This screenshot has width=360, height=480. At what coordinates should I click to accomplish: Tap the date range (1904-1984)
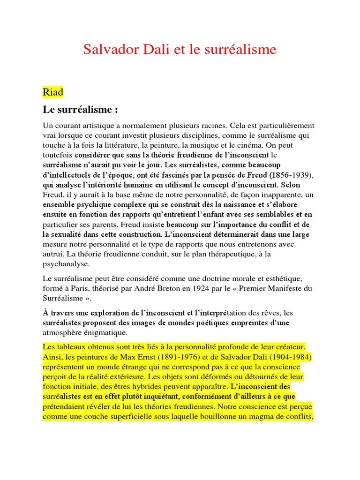pos(287,357)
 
